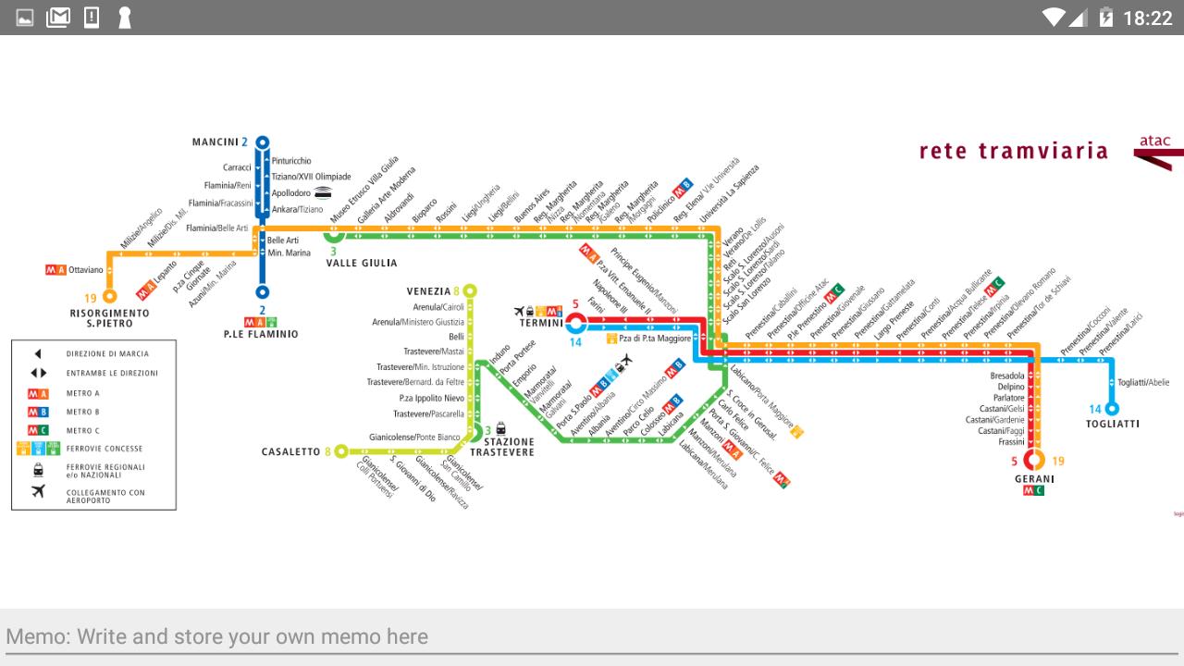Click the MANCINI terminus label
(216, 142)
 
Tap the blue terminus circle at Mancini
(263, 142)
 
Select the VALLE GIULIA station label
(362, 263)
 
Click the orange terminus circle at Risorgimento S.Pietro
(110, 297)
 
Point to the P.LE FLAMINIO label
(261, 334)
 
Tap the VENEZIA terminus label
(428, 291)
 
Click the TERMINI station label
(541, 323)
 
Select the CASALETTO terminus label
(290, 451)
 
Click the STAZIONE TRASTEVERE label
(508, 447)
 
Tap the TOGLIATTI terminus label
(1112, 424)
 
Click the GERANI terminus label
(1034, 478)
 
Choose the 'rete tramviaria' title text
(1013, 151)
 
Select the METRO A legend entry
(83, 393)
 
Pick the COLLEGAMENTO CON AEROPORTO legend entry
(105, 496)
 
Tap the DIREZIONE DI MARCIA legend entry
(106, 353)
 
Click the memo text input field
(592, 636)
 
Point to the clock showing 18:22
(1147, 18)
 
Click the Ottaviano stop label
(85, 270)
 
